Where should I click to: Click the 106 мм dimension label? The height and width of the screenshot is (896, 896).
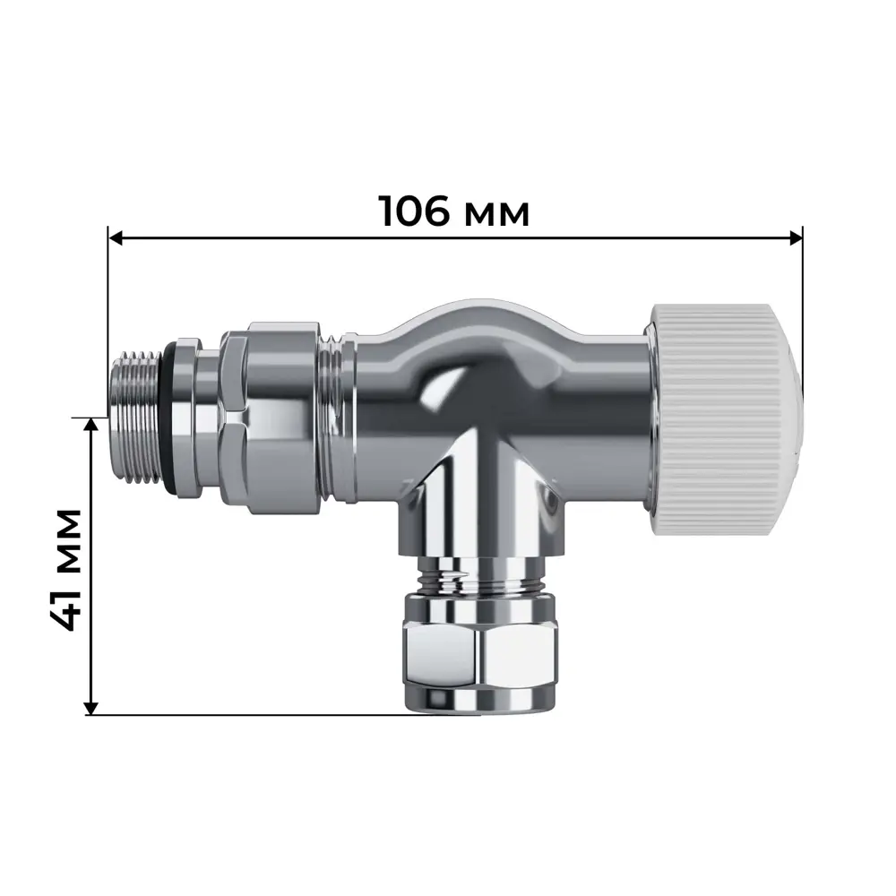[453, 211]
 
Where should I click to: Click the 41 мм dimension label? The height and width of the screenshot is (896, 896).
[64, 570]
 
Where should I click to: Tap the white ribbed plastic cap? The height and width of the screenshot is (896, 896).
[721, 421]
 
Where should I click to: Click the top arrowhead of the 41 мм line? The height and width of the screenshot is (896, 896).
[90, 426]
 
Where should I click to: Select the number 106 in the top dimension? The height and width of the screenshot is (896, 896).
[413, 211]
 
